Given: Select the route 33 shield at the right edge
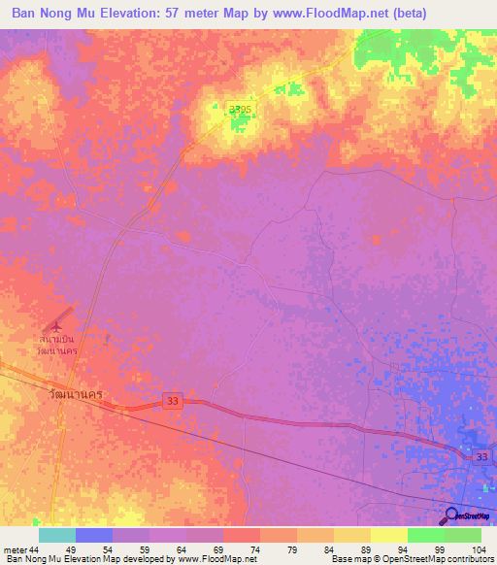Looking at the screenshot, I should point(481,456).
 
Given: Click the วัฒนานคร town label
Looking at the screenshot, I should point(76,396).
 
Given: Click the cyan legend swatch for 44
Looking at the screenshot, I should point(56,535).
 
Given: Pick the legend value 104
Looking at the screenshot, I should point(477,548).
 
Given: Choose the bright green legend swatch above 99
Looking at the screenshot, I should point(426,535).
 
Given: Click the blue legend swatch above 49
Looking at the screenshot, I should point(94,535).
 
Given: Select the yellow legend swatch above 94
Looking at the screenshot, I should point(389,535).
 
